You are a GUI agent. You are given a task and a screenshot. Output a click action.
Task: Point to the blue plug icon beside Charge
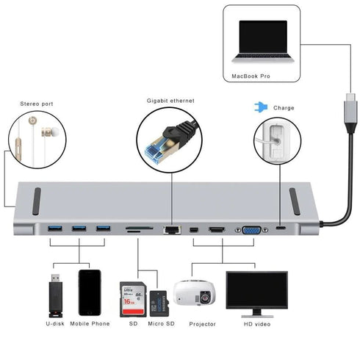259,107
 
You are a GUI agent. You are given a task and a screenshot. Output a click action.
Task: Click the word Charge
283,108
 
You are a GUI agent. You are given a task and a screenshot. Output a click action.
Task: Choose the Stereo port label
37,104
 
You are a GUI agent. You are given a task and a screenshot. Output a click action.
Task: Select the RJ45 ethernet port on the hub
171,229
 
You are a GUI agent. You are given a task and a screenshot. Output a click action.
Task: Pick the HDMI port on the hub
217,229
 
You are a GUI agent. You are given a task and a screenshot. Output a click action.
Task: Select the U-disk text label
56,323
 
